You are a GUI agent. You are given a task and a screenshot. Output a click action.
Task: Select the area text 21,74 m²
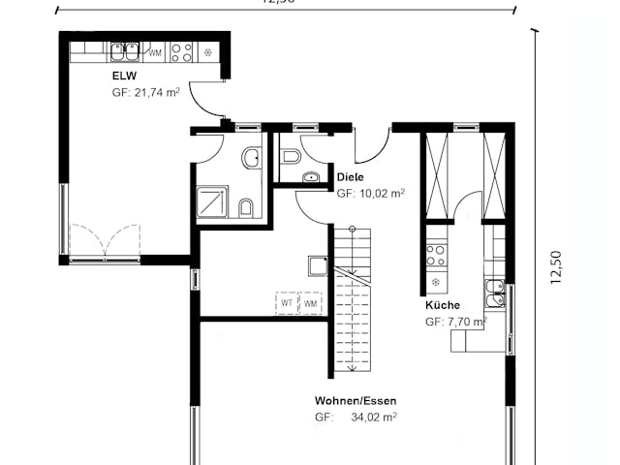coord(145,93)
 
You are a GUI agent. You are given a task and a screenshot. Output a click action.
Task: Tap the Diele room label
coord(351,176)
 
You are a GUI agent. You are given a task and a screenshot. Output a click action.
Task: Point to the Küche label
coord(442,305)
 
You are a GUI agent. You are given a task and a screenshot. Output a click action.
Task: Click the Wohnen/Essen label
coord(355,400)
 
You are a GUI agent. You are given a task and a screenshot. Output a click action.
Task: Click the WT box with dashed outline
coord(287,303)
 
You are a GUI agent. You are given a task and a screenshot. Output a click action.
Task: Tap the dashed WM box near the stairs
coord(311,303)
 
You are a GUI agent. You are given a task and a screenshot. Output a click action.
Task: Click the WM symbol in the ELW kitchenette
coord(155,53)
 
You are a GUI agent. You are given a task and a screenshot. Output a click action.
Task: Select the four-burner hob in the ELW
coord(181,52)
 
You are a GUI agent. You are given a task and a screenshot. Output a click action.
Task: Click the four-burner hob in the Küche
coord(436,255)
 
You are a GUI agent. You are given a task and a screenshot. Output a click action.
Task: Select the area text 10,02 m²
coord(370,194)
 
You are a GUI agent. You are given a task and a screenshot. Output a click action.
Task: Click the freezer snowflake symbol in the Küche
coord(435,283)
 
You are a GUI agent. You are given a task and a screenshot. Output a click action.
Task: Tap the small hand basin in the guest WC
coord(310,177)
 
